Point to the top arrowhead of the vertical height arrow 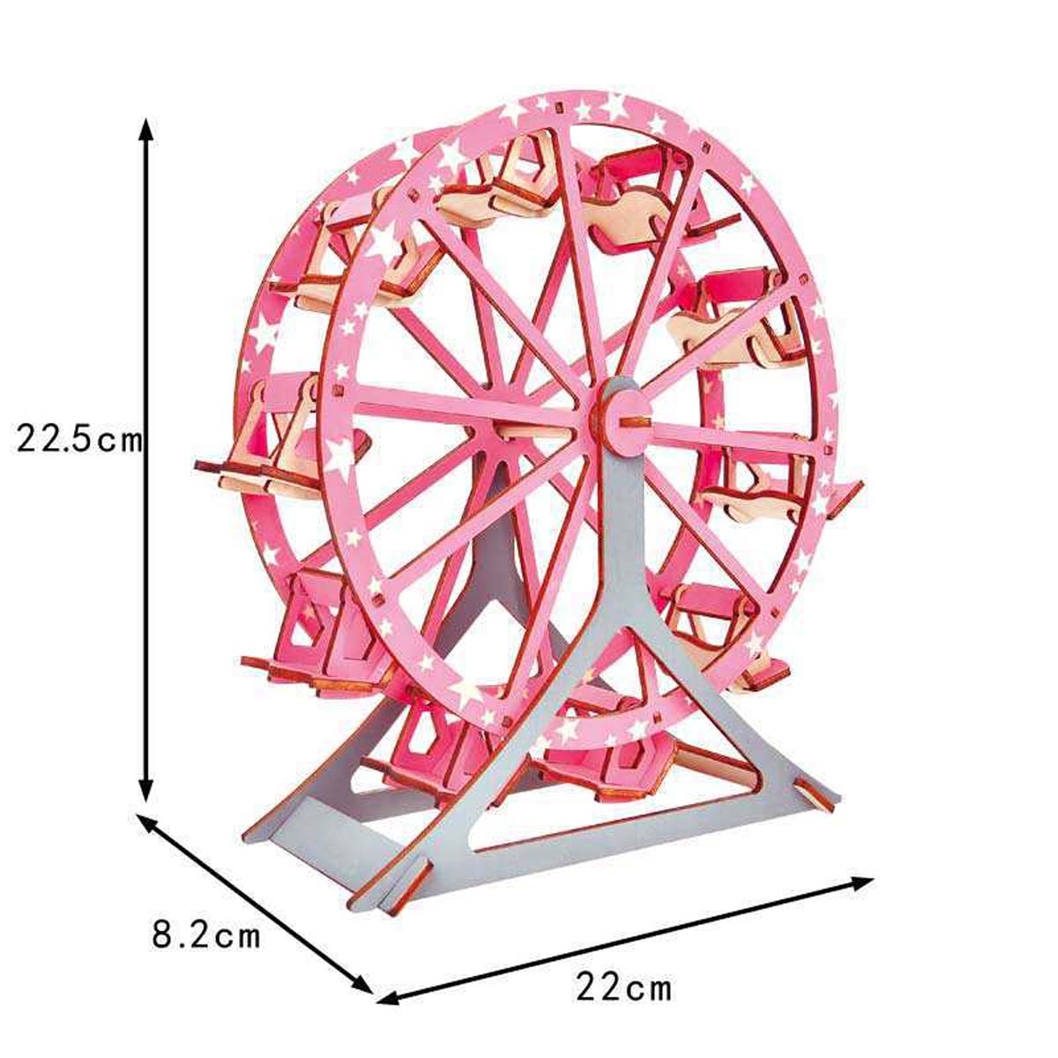145,131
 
